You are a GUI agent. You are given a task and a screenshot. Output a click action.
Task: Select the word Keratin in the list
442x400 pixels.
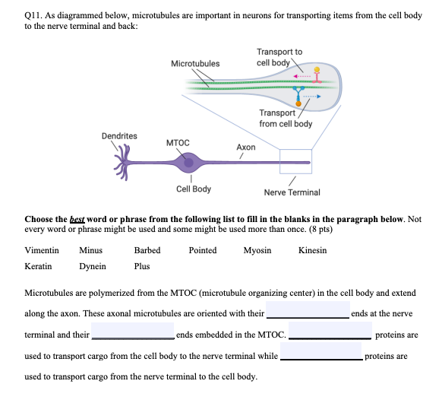tap(39, 267)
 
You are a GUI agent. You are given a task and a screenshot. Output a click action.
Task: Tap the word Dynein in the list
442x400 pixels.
tap(93, 267)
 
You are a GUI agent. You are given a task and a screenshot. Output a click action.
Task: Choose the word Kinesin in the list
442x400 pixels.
tap(313, 250)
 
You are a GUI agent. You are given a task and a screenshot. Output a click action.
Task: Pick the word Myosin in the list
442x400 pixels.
tap(257, 250)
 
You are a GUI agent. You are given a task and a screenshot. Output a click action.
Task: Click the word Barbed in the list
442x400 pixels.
tap(147, 250)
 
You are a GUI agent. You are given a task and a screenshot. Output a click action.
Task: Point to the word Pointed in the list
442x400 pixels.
tap(203, 250)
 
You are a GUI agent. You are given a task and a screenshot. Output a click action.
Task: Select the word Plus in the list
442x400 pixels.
tap(142, 267)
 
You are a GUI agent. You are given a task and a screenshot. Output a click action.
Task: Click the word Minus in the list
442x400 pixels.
tap(90, 250)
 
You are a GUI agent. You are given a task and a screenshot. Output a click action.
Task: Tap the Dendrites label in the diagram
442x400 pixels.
tap(119, 136)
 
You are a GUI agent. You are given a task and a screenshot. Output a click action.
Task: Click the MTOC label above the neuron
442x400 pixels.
tap(177, 142)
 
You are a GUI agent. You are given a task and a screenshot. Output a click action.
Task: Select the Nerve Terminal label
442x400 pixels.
tap(292, 192)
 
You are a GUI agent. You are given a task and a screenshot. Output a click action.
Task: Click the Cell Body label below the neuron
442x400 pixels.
tap(194, 189)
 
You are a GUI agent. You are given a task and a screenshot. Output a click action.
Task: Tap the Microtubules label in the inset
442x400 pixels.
tap(195, 63)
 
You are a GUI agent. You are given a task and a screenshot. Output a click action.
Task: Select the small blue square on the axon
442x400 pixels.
tap(295, 160)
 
